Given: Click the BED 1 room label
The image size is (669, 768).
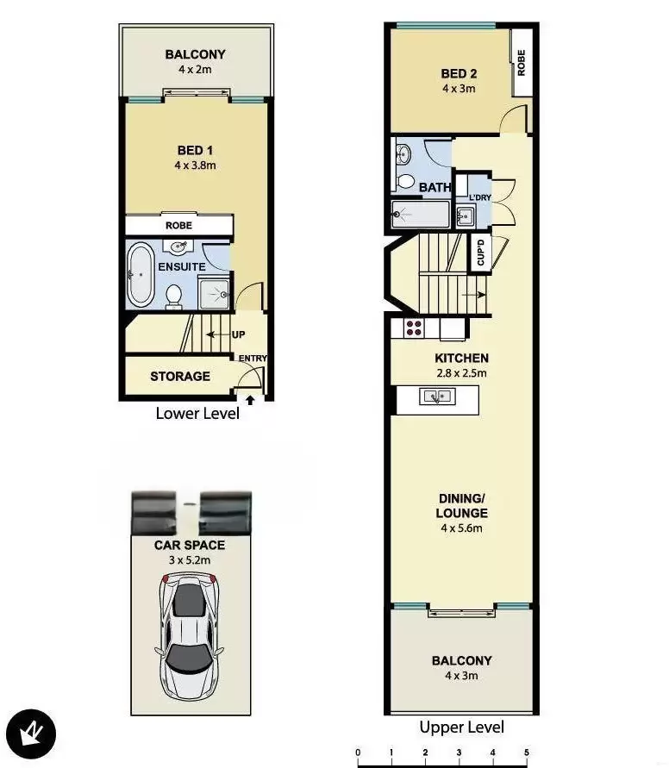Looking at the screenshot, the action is tap(195, 150).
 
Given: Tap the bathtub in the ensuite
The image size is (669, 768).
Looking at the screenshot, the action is tap(141, 275).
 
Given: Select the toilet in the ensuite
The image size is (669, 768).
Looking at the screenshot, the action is tap(174, 297).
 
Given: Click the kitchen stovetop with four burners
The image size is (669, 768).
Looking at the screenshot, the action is tap(414, 328).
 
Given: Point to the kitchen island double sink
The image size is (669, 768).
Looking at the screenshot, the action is tap(437, 396).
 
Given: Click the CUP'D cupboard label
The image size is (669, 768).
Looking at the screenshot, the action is tap(480, 253).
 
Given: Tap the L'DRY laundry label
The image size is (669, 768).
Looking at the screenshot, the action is tap(480, 197).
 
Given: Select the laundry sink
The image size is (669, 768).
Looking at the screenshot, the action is tap(466, 215).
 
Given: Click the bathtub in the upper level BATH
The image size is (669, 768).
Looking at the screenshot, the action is tap(421, 214).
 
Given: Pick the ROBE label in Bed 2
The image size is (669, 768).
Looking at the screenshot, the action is tap(521, 63).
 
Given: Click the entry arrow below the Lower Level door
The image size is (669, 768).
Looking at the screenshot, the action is tap(250, 400).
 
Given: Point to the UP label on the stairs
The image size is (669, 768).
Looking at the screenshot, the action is tap(239, 334).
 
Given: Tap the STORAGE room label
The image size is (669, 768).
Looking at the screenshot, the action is tap(180, 376).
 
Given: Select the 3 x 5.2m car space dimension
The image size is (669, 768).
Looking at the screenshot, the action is tap(190, 559).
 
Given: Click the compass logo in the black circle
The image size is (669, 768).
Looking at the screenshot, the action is tap(31, 734).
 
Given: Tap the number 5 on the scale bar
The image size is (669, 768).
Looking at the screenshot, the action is tap(527, 752).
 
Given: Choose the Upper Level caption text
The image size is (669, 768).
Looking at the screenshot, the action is tap(462, 727).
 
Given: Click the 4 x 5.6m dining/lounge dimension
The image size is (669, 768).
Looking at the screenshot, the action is tap(461, 528).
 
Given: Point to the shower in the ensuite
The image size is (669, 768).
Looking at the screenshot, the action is tap(214, 293).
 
